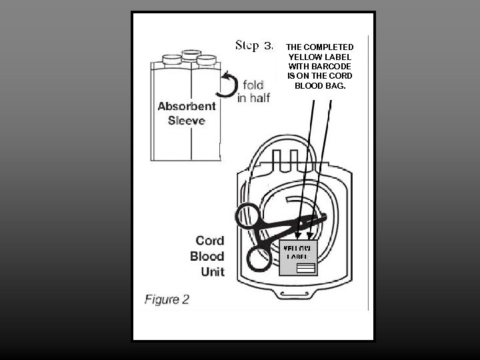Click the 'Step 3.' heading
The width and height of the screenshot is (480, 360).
(254, 45)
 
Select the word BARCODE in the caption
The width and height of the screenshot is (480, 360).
(333, 67)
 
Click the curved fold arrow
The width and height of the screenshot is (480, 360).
(229, 86)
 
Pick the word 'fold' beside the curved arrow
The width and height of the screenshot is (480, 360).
(253, 85)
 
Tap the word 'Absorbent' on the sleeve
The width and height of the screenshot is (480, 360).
(187, 107)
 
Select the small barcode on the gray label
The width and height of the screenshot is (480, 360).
(305, 268)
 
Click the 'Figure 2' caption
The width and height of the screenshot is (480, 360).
(167, 299)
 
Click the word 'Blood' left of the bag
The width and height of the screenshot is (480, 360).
(207, 256)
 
